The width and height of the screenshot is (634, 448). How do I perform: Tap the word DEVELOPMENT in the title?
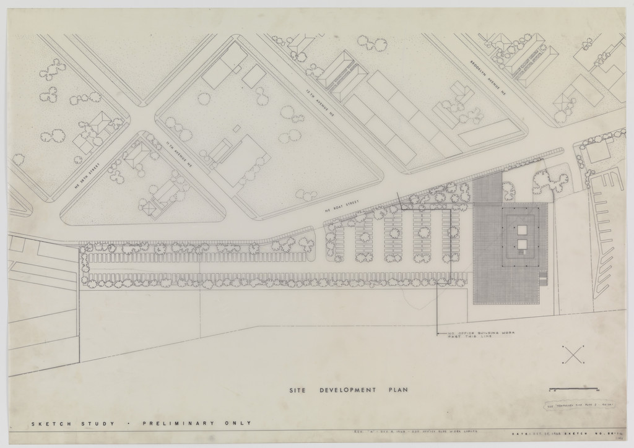tap(347, 390)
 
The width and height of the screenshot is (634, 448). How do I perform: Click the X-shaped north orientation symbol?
tap(574, 355)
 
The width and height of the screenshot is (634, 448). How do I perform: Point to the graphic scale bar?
tap(573, 389)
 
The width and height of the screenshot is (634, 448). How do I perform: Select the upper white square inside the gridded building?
tap(522, 230)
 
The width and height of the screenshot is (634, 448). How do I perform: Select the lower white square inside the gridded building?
tap(522, 244)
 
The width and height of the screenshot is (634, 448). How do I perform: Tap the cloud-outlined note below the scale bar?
tap(573, 406)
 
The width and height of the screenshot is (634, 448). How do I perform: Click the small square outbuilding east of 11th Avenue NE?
tap(236, 128)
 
